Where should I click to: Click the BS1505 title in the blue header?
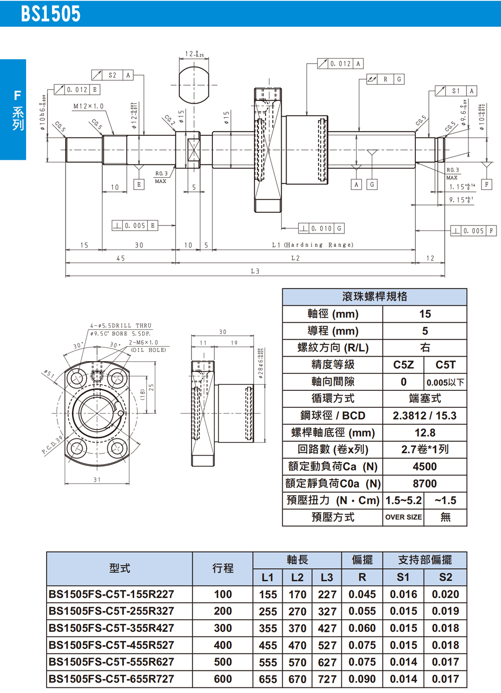[x=51, y=14]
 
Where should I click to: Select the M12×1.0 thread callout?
[x=88, y=106]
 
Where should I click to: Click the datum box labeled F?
[x=486, y=184]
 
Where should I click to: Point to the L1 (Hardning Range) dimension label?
[x=313, y=245]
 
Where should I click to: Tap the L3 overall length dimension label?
[x=255, y=271]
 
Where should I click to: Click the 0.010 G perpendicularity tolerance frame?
[x=321, y=228]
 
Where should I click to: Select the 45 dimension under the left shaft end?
[x=121, y=258]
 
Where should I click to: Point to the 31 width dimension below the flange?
[x=97, y=480]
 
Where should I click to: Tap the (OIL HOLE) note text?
[x=149, y=350]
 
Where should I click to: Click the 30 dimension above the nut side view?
[x=222, y=332]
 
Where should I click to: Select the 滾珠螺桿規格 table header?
[x=374, y=297]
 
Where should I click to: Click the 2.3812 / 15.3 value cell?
[x=424, y=415]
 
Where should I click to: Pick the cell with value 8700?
[x=424, y=484]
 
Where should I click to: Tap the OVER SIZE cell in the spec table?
[x=403, y=517]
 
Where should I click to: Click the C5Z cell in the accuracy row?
[x=403, y=365]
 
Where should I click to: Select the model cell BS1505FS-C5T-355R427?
[x=111, y=628]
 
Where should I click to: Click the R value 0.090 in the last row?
[x=362, y=679]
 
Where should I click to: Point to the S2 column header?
[x=445, y=577]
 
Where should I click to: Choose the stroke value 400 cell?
[x=222, y=645]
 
